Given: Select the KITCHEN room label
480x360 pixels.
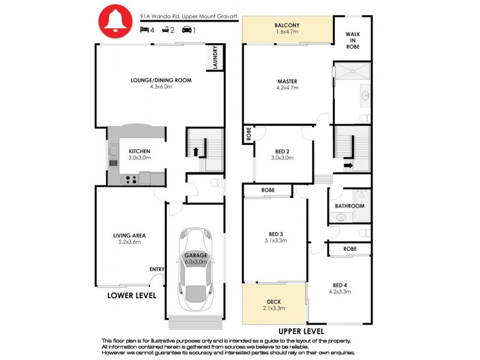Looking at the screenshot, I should pos(139,151).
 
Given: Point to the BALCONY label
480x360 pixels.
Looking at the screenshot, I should pos(287,25).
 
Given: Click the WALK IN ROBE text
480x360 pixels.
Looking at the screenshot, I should pos(353,40).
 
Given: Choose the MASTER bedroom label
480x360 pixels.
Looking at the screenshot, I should pos(287,82).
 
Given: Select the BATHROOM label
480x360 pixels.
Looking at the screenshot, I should pos(350,206).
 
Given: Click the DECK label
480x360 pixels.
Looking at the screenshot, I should pos(274,302).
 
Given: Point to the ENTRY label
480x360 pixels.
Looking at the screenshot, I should pos(157,269).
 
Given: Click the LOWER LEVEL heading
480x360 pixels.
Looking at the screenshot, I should pos(131,296).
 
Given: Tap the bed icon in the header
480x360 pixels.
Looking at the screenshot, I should pos(144,29).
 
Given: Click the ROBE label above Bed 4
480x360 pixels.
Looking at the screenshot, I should pos(350,248).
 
